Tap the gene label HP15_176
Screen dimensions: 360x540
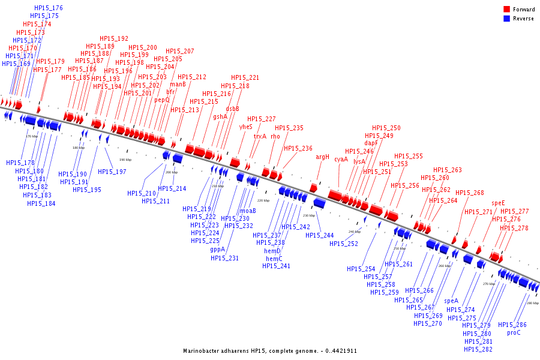49,8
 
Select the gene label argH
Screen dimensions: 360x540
323,157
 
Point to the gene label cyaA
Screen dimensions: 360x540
341,160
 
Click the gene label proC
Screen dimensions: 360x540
514,332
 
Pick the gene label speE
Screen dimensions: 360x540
499,203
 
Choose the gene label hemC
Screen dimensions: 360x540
274,259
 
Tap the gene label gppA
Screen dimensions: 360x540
218,250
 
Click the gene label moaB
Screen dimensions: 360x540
248,211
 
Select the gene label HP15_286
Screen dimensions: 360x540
512,325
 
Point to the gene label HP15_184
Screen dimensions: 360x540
41,203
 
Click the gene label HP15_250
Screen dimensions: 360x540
386,128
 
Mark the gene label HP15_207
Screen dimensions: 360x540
180,52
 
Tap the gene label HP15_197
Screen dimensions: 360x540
112,172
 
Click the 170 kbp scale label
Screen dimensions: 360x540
32,137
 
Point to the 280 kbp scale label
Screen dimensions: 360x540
532,304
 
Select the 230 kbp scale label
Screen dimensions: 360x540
308,215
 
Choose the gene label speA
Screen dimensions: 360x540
451,301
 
